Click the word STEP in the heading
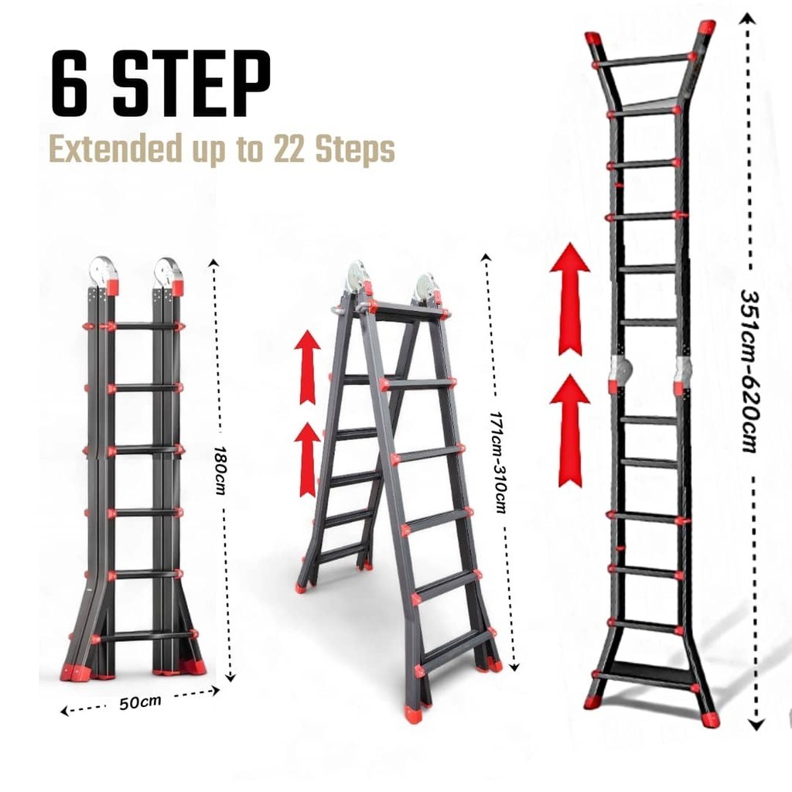[192, 83]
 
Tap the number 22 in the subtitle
[289, 148]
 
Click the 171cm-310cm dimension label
[497, 462]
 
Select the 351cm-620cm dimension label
[750, 370]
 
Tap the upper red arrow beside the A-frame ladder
[307, 367]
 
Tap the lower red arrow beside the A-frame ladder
[307, 459]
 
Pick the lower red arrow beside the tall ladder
[570, 430]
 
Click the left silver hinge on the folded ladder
[103, 271]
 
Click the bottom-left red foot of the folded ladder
[72, 671]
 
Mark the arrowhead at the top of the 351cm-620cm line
[747, 19]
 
